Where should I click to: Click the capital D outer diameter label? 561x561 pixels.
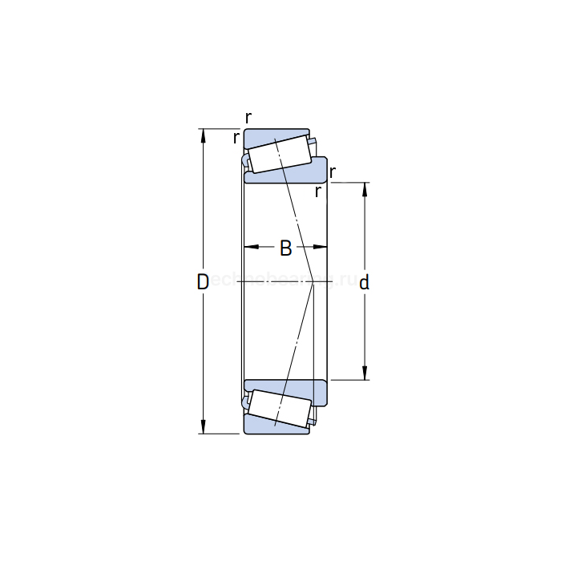pos(203,281)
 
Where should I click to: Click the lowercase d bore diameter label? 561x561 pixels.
pos(364,282)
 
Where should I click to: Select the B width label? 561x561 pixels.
pos(285,248)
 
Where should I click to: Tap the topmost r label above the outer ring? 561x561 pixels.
pos(248,118)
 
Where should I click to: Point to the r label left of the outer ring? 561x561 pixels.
pos(236,138)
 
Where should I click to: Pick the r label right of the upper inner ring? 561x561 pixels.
pos(333,172)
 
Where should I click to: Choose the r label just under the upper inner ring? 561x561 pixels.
pos(318,192)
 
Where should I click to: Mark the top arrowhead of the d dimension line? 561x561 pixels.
pos(365,189)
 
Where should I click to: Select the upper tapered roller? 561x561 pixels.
pos(279,153)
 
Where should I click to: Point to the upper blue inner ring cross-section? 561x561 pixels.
pos(305,174)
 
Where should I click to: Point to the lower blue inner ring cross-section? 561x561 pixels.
pos(305,389)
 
